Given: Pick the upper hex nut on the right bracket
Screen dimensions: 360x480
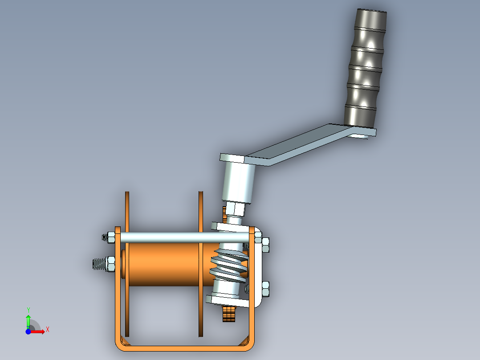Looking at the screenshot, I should (x=265, y=245).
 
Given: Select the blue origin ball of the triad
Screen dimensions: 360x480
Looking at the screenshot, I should (x=28, y=332).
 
